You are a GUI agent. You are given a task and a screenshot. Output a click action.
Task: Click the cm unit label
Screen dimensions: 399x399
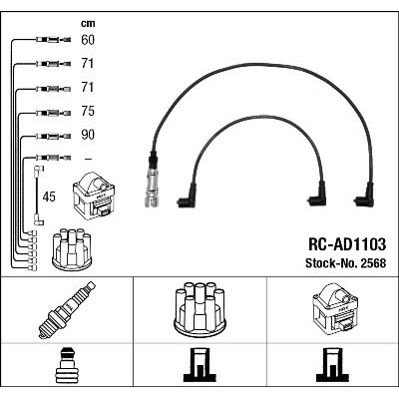(88, 24)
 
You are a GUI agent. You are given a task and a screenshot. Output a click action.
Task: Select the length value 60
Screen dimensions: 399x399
(88, 40)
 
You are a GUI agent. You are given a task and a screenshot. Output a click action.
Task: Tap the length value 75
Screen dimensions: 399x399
(88, 111)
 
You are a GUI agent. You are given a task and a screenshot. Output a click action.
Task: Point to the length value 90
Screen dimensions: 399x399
(88, 135)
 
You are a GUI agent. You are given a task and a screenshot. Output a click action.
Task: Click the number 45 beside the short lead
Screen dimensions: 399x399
(49, 197)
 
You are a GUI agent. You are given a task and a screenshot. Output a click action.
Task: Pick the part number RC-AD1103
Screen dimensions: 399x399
(347, 244)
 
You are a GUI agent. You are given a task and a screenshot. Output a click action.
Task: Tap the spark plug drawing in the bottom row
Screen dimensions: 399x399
(67, 310)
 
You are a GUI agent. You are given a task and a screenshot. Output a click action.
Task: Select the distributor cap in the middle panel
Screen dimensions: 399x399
(199, 310)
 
